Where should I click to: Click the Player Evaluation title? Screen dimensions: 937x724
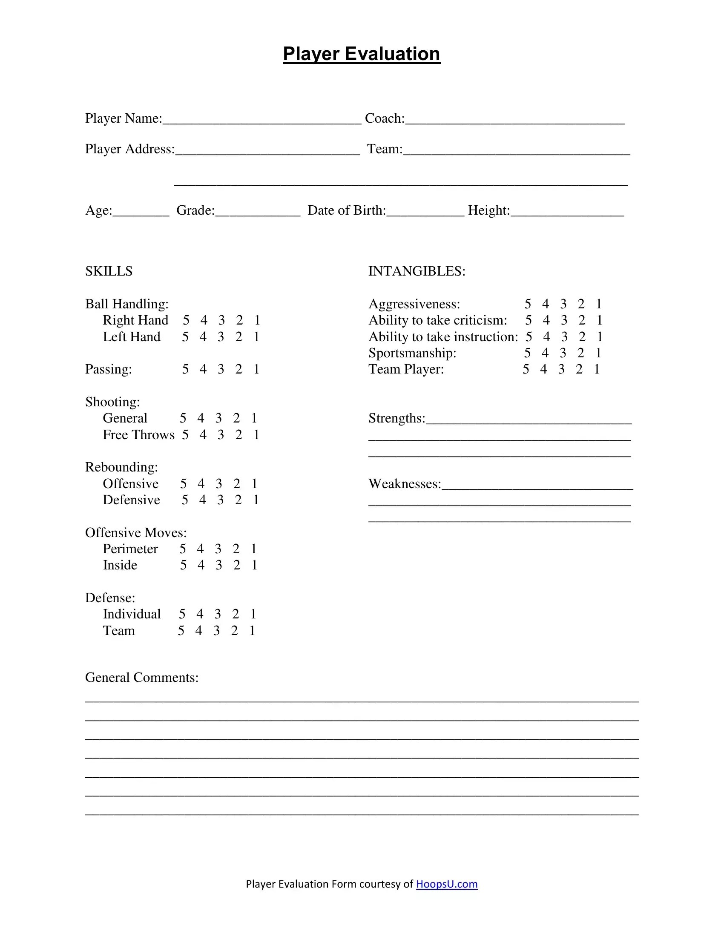click(x=362, y=54)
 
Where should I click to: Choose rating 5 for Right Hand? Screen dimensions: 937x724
click(x=186, y=320)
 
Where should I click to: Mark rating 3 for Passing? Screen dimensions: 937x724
click(x=221, y=369)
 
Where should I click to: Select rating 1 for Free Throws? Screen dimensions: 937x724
click(x=256, y=434)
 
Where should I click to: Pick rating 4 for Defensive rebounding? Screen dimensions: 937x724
click(x=202, y=500)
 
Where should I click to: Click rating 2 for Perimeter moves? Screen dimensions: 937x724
click(x=236, y=549)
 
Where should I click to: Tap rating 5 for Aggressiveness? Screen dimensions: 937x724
click(x=528, y=304)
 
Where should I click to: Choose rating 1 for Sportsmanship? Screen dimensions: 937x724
click(x=598, y=353)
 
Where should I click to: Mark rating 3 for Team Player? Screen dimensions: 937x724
click(x=561, y=369)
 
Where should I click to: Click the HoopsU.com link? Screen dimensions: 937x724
click(x=446, y=884)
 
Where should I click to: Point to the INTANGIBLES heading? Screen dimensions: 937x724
click(x=417, y=271)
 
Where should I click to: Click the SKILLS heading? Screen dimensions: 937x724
click(x=109, y=271)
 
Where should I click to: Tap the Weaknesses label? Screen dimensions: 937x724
click(x=405, y=483)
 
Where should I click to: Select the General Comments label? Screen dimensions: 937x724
click(x=141, y=678)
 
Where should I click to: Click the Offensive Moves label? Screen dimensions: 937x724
click(x=135, y=532)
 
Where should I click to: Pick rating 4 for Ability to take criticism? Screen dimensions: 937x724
click(x=546, y=320)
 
